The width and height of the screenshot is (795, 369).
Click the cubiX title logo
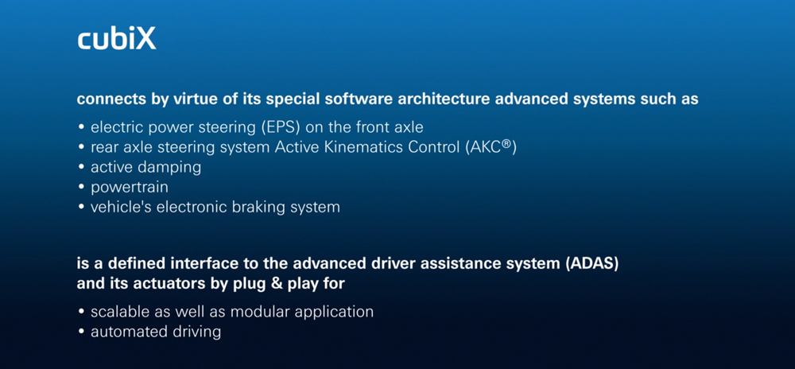(117, 39)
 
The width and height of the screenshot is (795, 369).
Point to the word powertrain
(130, 188)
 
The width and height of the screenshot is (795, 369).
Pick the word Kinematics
(365, 147)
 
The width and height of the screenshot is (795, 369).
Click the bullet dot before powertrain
(81, 188)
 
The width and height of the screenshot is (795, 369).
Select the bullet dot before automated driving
(81, 332)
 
